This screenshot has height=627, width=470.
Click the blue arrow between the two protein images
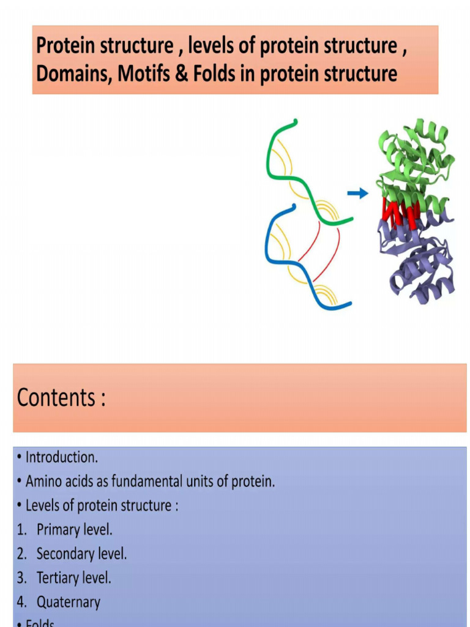click(x=358, y=194)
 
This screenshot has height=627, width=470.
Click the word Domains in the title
click(x=73, y=74)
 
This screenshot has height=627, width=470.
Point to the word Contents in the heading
click(x=56, y=398)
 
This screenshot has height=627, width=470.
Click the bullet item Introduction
click(x=61, y=457)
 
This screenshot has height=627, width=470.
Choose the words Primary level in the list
click(x=74, y=530)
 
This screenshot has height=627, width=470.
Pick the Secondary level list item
click(x=81, y=554)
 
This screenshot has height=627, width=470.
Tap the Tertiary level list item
click(x=73, y=577)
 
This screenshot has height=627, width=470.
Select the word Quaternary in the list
click(x=68, y=602)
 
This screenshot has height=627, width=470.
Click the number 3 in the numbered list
click(x=21, y=578)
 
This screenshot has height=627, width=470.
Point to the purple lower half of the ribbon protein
click(x=419, y=263)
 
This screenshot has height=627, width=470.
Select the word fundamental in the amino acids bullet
click(x=146, y=481)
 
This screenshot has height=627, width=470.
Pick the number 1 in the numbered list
click(x=21, y=530)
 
